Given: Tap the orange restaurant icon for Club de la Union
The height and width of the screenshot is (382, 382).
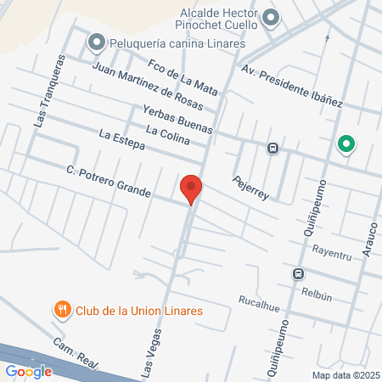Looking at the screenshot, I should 62,311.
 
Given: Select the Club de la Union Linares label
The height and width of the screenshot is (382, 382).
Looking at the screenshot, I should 139,311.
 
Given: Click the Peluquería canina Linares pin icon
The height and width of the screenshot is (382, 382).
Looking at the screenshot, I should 96,42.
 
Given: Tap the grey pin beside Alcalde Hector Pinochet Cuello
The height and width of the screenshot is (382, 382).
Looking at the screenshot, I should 271,18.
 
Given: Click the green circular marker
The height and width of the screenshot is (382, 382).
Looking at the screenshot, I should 345,144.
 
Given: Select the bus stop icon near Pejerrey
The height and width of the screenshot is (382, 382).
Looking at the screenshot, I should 272,147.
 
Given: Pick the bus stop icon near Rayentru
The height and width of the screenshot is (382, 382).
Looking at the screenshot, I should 298,274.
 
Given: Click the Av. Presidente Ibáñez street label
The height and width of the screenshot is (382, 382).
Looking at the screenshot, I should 292,86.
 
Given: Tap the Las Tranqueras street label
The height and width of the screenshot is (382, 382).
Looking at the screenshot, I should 48,92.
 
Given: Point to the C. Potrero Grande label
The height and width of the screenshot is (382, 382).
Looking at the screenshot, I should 109,183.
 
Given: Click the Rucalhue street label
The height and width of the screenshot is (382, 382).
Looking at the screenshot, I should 260,301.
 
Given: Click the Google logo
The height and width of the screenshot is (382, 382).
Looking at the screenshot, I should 28,371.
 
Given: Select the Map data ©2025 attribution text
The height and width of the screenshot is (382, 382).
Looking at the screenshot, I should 345,375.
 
